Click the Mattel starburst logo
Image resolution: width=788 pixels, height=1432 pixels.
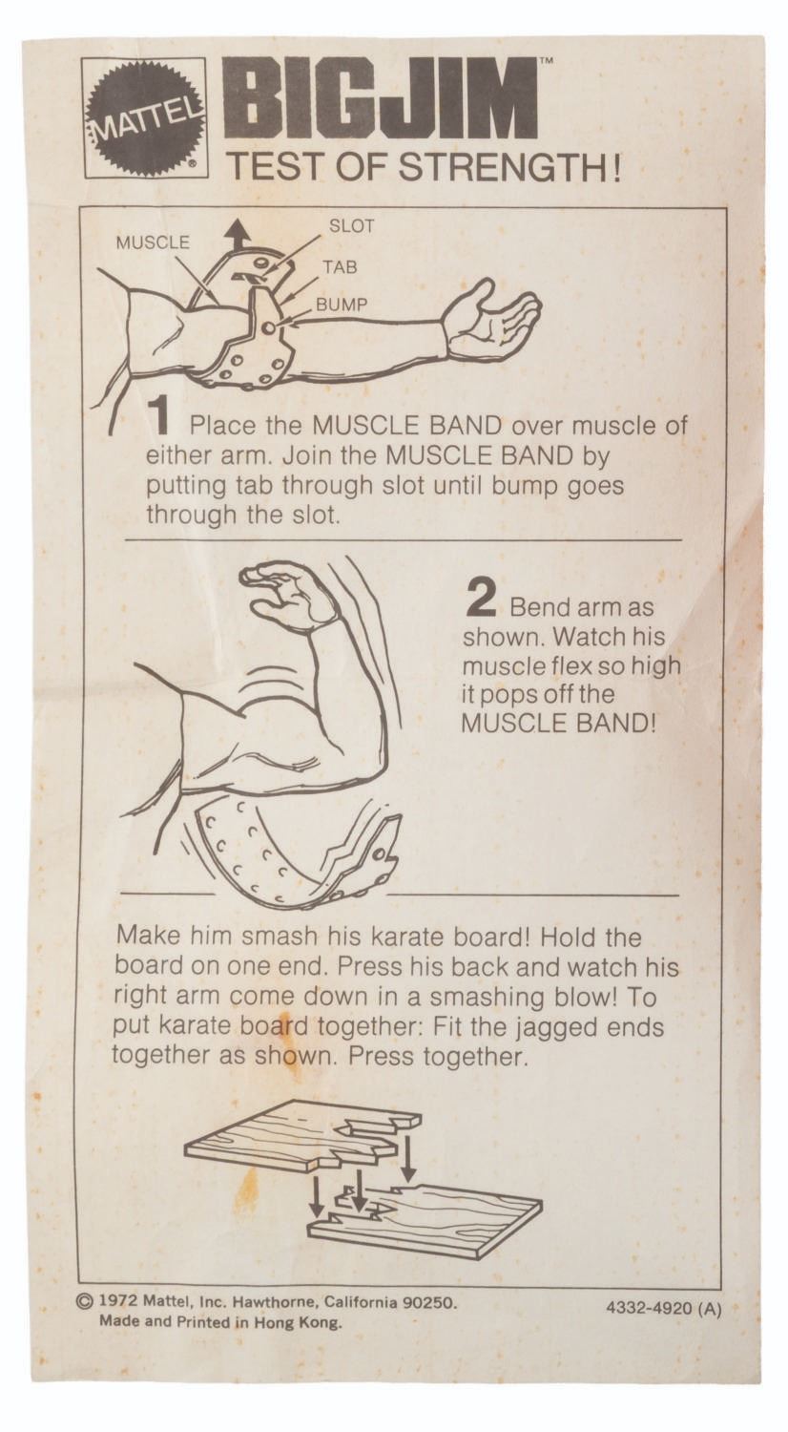click(x=145, y=117)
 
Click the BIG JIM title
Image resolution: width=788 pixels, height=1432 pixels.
click(x=381, y=98)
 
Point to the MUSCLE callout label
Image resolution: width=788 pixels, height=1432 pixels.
click(x=153, y=242)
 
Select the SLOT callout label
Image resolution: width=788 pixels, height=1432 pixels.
click(x=351, y=225)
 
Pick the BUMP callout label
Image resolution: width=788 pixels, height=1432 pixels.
click(x=342, y=305)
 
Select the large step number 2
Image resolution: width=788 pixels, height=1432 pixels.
click(x=481, y=598)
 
